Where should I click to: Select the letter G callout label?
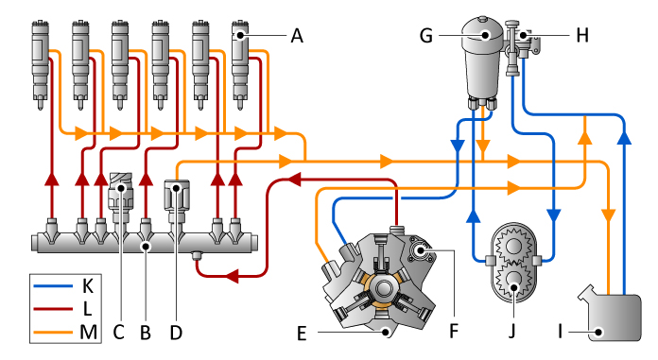pyautogui.click(x=425, y=36)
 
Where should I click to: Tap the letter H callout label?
pyautogui.click(x=582, y=36)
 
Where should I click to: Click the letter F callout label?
pyautogui.click(x=454, y=333)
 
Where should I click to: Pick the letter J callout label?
pyautogui.click(x=514, y=333)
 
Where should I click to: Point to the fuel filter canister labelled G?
pyautogui.click(x=484, y=57)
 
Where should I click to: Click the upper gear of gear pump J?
pyautogui.click(x=511, y=247)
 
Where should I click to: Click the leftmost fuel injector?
pyautogui.click(x=41, y=57)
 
